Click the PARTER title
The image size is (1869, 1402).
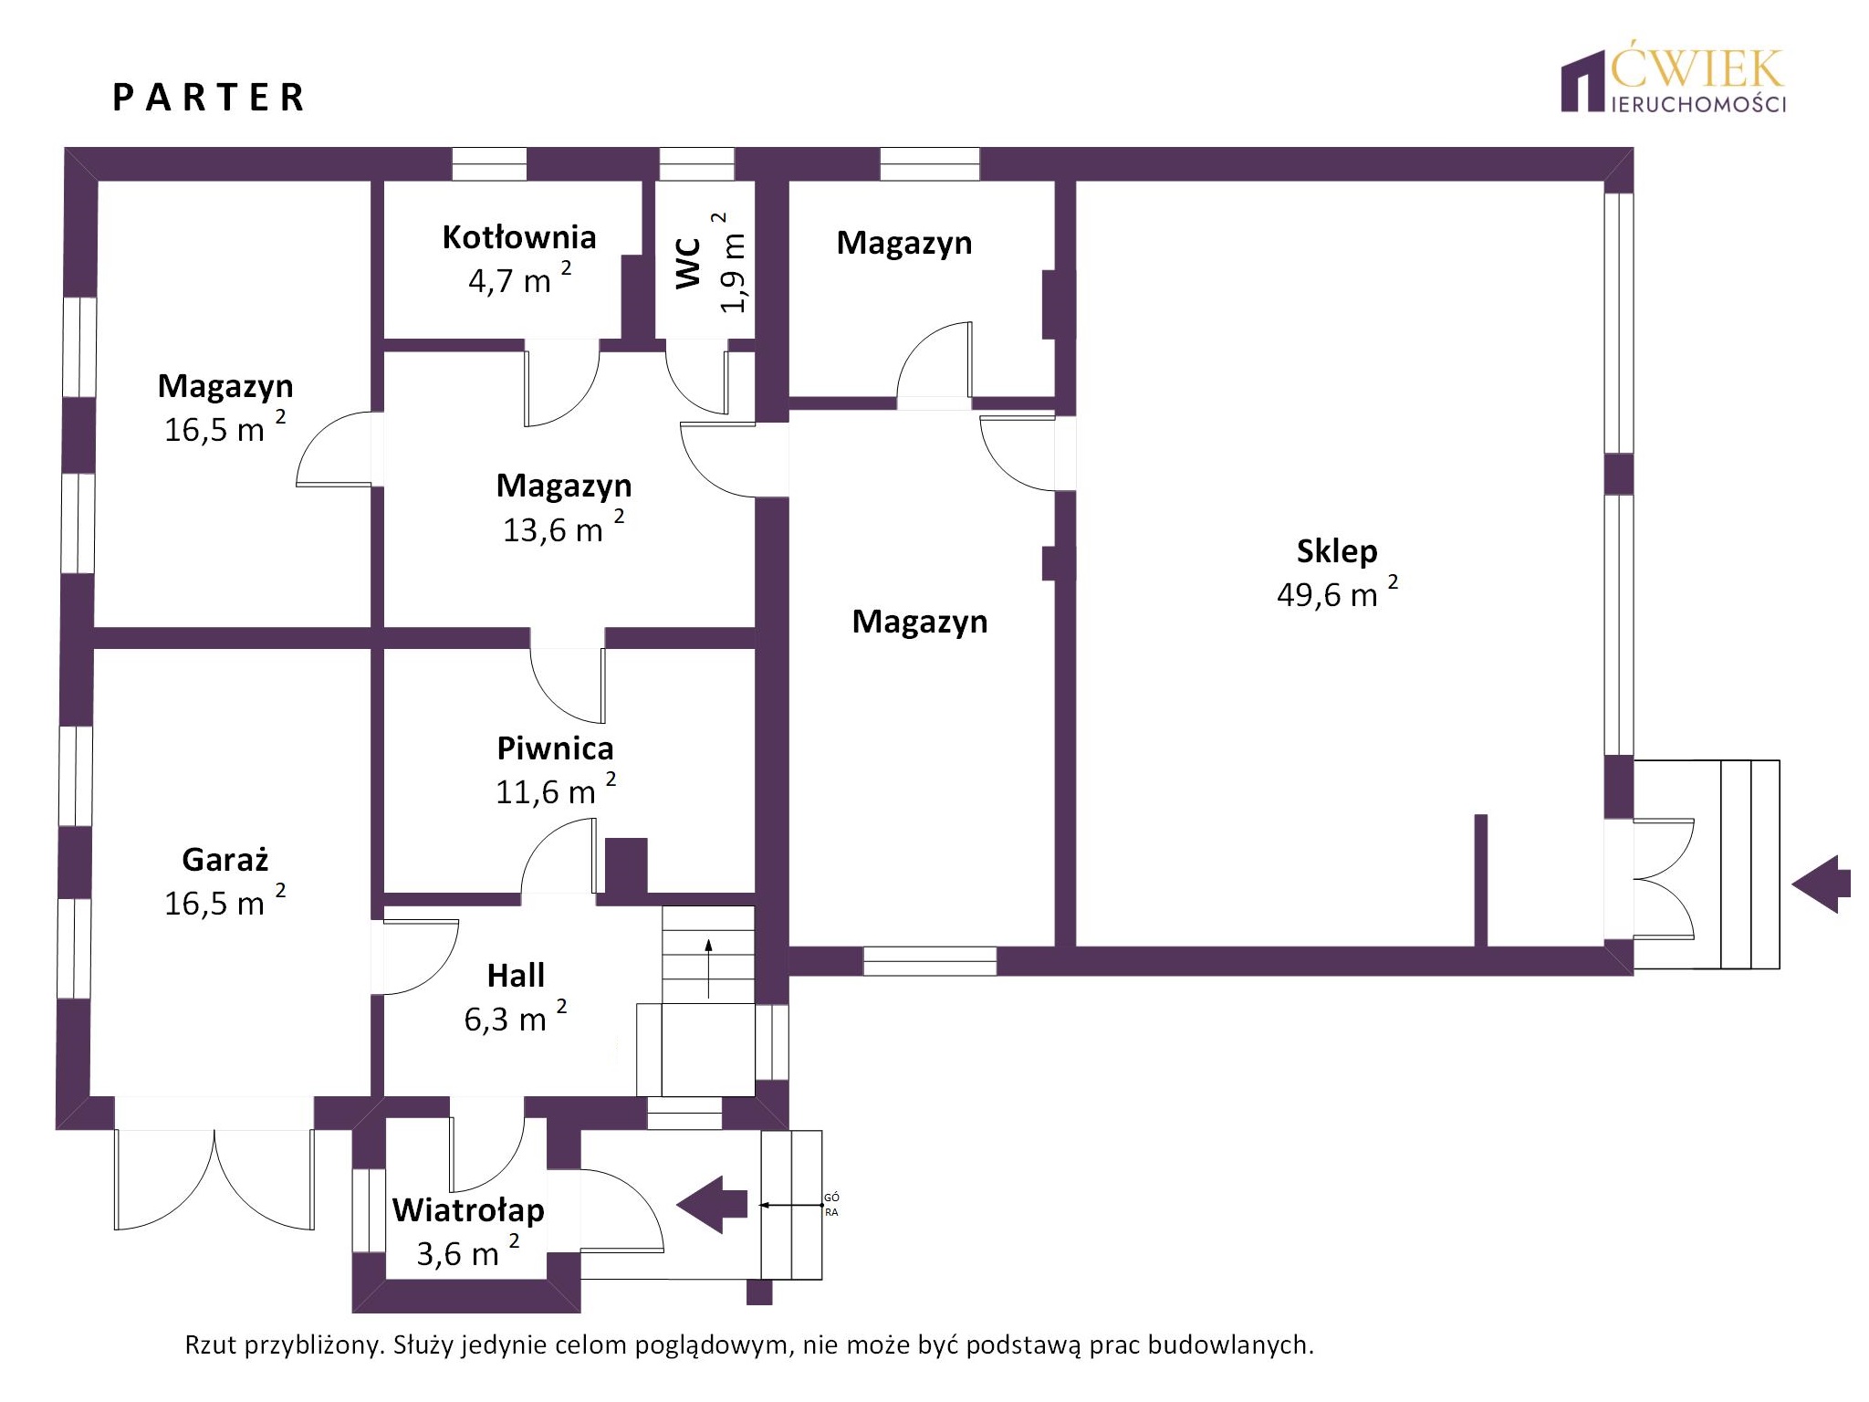point(208,98)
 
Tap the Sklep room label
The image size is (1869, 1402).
point(1337,551)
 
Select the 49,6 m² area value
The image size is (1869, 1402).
point(1337,592)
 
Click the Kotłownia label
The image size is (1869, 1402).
point(519,237)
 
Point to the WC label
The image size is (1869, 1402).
point(688,263)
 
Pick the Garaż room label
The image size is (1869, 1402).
point(225,860)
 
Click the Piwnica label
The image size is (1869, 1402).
point(555,748)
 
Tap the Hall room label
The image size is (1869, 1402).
point(516,976)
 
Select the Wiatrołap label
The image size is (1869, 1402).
point(468,1210)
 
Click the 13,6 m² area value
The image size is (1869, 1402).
point(563,528)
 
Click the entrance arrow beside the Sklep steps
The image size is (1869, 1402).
point(1821,884)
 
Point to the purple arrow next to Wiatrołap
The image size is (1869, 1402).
point(712,1205)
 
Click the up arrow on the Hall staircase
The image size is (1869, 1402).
point(708,968)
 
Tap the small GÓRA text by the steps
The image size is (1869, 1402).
point(831,1205)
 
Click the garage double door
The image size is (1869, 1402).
point(214,1180)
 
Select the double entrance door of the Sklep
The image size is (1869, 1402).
point(1664,879)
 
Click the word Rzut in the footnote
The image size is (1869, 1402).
point(211,1344)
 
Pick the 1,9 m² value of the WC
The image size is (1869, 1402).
point(733,263)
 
